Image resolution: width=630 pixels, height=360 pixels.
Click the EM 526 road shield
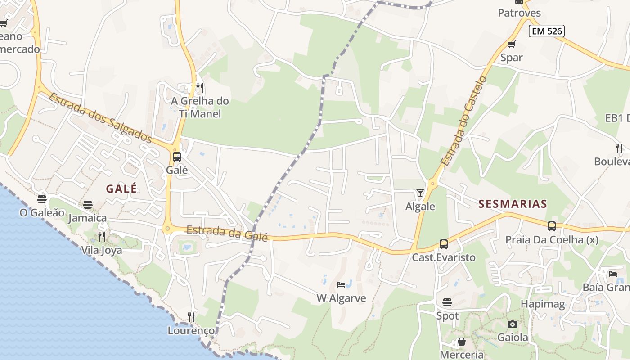point(546,31)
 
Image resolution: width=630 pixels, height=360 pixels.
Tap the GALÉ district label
point(121,189)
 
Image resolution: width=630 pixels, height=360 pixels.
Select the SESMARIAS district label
point(513,204)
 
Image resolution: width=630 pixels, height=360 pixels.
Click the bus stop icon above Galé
point(177,157)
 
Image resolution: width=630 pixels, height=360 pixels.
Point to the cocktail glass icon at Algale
point(420,193)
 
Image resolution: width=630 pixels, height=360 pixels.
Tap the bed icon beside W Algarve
point(341,285)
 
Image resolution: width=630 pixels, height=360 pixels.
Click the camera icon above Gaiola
point(512,324)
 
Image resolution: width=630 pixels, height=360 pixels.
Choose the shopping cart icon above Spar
point(511,44)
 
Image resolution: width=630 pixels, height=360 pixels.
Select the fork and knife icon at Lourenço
point(191,317)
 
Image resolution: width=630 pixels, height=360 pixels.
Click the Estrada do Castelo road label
point(464,121)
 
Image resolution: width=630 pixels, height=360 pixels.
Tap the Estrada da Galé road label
point(227,233)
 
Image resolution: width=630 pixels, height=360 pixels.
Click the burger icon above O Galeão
point(42,199)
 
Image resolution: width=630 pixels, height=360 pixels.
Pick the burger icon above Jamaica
point(88,205)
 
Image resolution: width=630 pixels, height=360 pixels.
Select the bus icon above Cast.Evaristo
point(444,244)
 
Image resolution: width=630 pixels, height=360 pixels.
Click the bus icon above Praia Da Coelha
point(552,226)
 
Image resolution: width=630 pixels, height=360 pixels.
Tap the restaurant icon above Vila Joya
point(102,237)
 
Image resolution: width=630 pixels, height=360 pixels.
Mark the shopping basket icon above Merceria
point(461,342)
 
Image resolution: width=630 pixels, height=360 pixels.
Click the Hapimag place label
point(543,304)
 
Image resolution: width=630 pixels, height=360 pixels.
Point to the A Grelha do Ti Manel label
point(200,108)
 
